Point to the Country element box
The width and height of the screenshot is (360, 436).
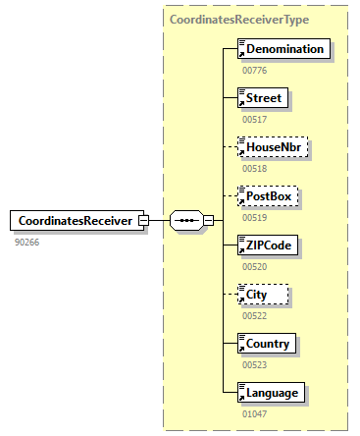pyautogui.click(x=268, y=344)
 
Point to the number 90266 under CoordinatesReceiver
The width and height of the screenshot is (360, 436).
pyautogui.click(x=26, y=242)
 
